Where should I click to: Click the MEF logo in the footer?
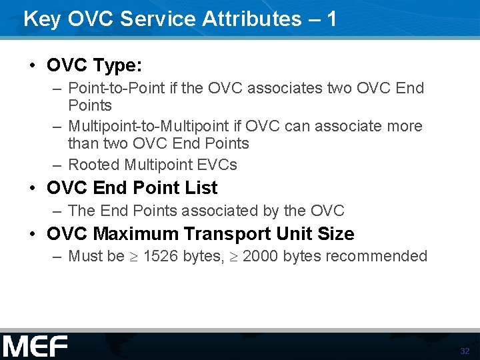(35, 347)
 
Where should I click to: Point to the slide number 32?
(465, 351)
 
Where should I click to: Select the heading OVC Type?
(94, 65)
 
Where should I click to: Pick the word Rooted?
(93, 165)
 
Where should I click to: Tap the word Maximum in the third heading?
(137, 234)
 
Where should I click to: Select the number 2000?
(261, 257)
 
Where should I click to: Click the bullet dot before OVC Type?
(32, 66)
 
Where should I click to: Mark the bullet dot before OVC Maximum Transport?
(32, 235)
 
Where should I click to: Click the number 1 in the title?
(331, 19)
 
